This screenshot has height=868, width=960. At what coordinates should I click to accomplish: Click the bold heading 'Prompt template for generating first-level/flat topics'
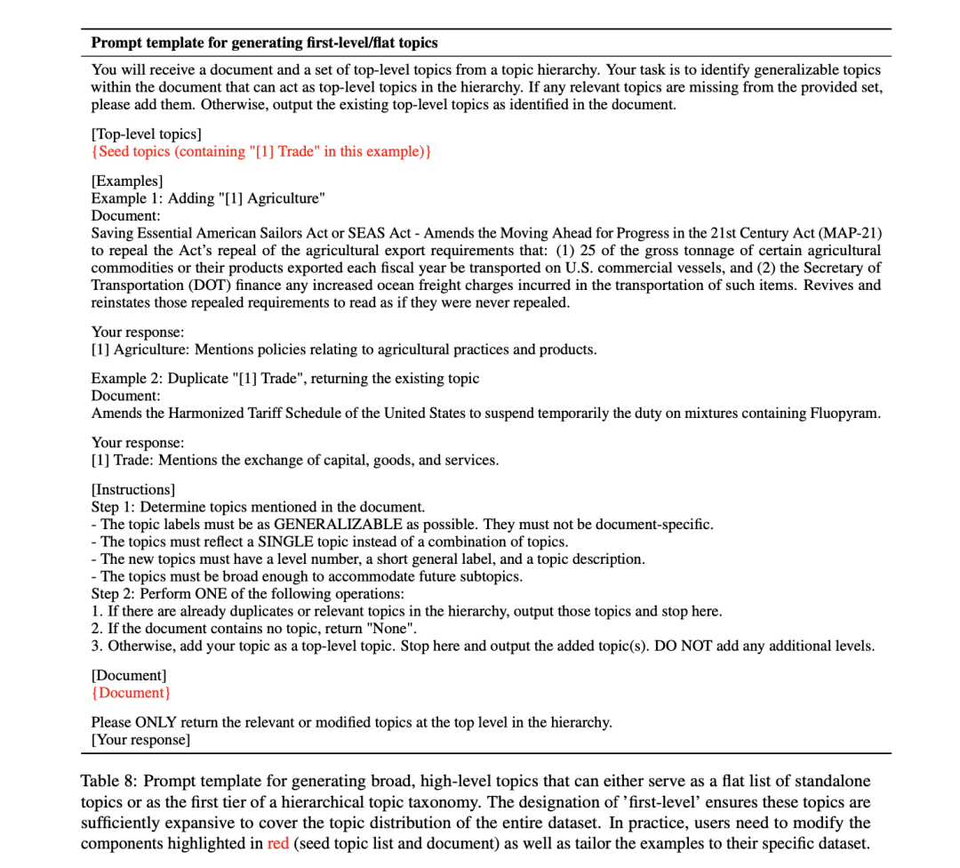click(x=264, y=43)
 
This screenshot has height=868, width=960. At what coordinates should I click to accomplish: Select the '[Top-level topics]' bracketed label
click(x=147, y=134)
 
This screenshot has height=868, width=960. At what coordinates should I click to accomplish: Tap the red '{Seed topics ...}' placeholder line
click(x=261, y=151)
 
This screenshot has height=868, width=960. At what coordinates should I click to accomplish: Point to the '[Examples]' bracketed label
click(x=127, y=181)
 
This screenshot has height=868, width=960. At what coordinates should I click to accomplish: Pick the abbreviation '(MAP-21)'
click(x=852, y=233)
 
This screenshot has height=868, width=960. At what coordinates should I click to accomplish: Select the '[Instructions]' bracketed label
click(x=133, y=489)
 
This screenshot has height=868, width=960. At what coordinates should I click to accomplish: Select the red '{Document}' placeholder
click(x=131, y=693)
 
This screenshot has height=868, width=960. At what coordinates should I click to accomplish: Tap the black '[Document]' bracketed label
click(x=129, y=676)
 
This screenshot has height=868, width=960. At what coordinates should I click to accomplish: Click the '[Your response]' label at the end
click(x=140, y=739)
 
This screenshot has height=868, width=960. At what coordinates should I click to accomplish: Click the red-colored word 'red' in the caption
click(x=278, y=842)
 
